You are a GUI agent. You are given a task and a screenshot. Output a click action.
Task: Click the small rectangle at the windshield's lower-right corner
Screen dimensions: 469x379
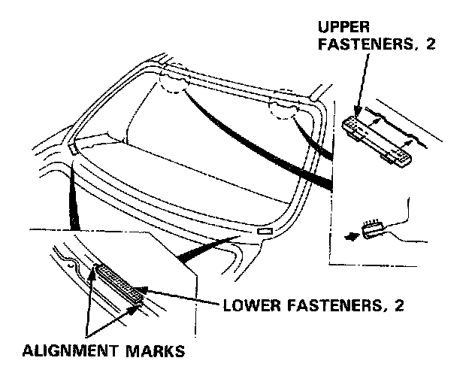pyautogui.click(x=265, y=234)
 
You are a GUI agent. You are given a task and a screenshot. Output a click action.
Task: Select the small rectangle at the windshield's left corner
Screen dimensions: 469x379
pyautogui.click(x=71, y=150)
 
